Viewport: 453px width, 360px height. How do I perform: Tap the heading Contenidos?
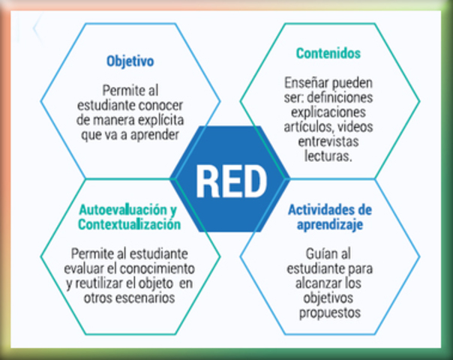pyautogui.click(x=328, y=53)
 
